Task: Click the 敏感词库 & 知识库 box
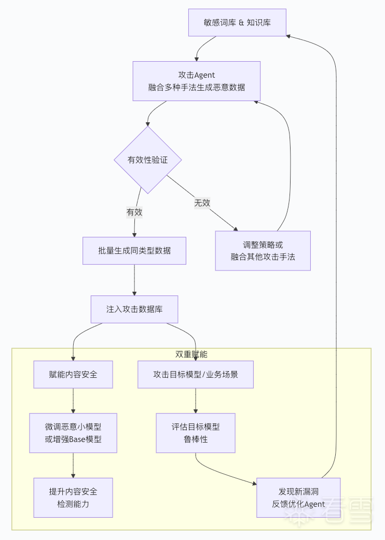237,22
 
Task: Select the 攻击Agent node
196,81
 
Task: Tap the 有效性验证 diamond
148,160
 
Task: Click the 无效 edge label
202,203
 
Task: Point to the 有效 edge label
134,212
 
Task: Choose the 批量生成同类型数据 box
134,251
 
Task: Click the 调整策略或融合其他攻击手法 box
263,251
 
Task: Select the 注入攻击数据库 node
134,309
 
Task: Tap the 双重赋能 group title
191,354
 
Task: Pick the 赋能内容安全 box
73,374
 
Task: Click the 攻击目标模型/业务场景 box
196,374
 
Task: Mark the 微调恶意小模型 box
73,433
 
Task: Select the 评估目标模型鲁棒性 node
196,433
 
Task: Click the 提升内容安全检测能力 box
73,498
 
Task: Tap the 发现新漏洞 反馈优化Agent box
298,498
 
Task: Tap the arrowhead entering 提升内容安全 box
73,475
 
